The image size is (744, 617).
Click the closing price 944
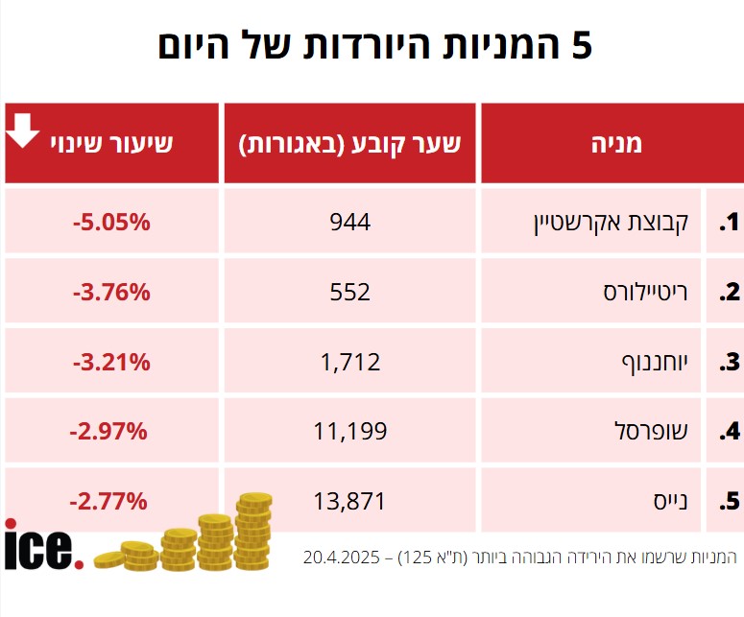[349, 223]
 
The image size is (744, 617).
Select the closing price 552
[349, 292]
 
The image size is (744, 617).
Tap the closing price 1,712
[349, 362]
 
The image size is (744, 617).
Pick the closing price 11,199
[349, 431]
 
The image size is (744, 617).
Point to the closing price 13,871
[349, 500]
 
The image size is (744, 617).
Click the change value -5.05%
[111, 223]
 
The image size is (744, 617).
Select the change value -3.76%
[111, 292]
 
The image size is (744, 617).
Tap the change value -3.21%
[111, 362]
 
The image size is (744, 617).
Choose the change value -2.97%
[108, 431]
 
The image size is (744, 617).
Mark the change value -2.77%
[108, 500]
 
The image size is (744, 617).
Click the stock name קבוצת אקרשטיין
[610, 224]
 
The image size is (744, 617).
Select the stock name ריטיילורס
[640, 292]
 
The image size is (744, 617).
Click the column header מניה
[612, 144]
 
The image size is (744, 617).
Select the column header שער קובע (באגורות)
[350, 144]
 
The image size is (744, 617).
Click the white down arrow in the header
[24, 130]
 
